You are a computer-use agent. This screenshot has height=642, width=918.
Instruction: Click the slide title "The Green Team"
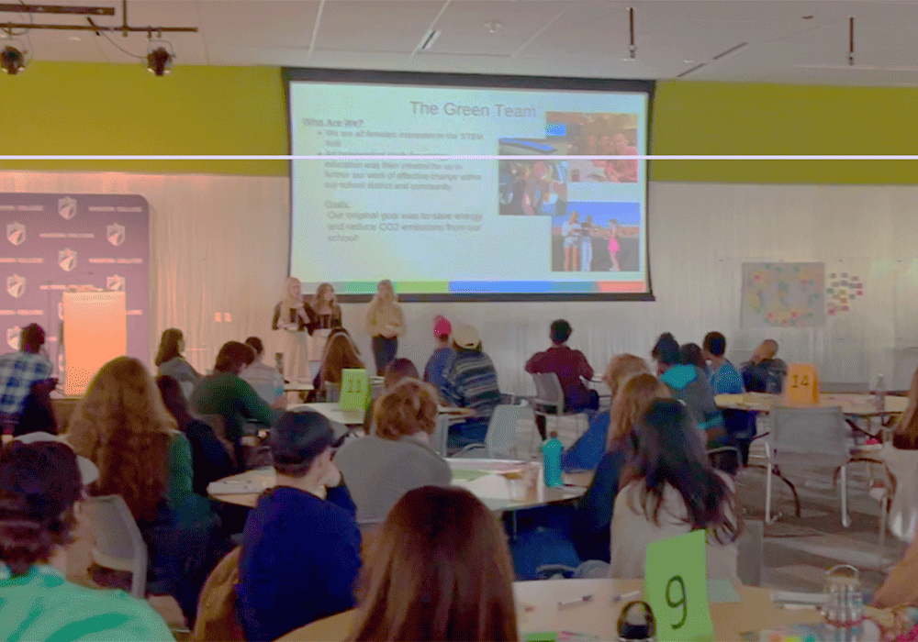[473, 109]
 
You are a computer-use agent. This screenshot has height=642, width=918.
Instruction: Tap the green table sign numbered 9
[678, 586]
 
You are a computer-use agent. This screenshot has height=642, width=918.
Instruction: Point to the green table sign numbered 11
[353, 390]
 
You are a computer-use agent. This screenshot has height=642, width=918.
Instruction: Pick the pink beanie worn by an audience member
[442, 327]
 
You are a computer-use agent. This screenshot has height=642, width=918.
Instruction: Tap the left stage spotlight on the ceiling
[13, 58]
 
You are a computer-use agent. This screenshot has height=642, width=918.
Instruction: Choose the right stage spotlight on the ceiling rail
[160, 59]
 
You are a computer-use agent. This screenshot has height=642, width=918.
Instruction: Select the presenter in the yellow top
[385, 321]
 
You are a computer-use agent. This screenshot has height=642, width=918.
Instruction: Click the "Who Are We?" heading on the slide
[320, 122]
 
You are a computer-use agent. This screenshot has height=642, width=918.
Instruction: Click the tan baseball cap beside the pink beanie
[466, 337]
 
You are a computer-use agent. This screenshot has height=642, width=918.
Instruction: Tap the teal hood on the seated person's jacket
[680, 376]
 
